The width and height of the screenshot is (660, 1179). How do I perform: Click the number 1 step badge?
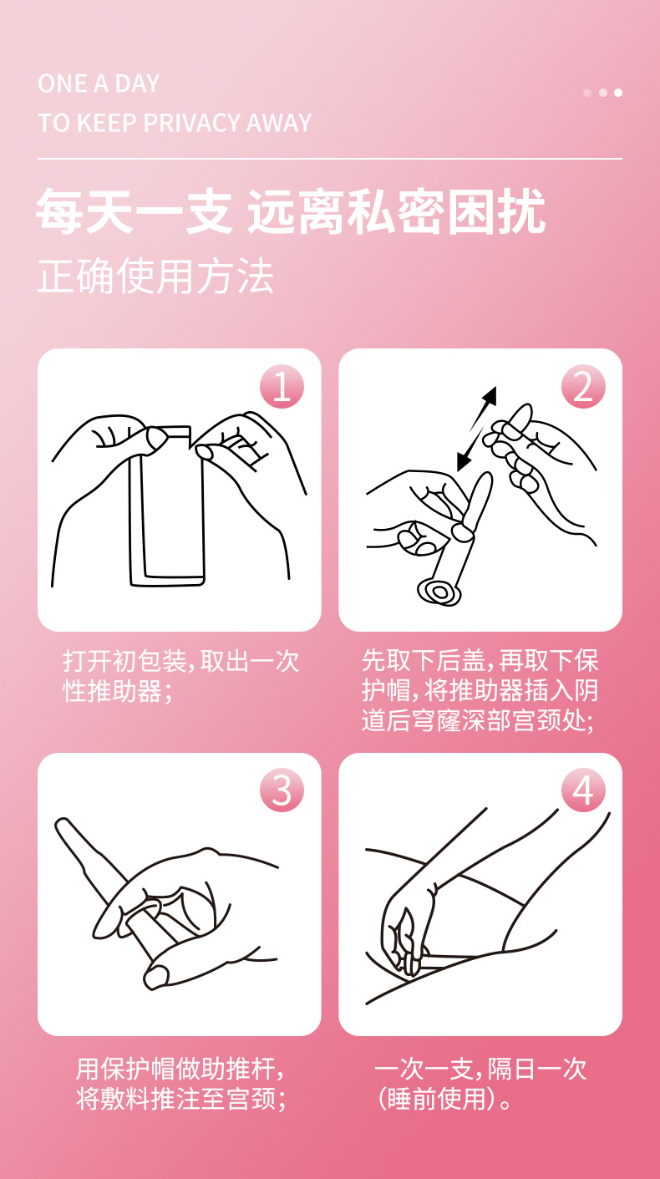(282, 386)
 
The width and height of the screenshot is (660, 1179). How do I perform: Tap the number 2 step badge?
(583, 386)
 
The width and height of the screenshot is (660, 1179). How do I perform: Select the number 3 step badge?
(282, 790)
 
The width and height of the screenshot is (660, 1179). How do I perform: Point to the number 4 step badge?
(583, 790)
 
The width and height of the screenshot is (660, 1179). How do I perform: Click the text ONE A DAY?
(99, 84)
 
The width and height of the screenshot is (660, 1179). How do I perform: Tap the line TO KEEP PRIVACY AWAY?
(175, 123)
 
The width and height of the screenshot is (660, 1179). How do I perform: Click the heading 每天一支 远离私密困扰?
(291, 211)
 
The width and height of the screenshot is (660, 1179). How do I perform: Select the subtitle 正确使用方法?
(155, 276)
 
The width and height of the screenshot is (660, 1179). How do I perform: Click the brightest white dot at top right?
(618, 93)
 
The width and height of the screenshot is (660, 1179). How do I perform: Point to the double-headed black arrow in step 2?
(476, 429)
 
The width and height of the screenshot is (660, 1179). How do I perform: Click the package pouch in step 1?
(167, 506)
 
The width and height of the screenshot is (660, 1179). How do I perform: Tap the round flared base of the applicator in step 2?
(439, 592)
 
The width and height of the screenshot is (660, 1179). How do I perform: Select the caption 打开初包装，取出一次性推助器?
(181, 676)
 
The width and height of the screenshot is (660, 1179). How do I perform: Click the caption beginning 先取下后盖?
(480, 690)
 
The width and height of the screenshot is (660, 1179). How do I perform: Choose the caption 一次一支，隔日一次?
(480, 1069)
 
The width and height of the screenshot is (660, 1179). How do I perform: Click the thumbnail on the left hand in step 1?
(157, 435)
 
